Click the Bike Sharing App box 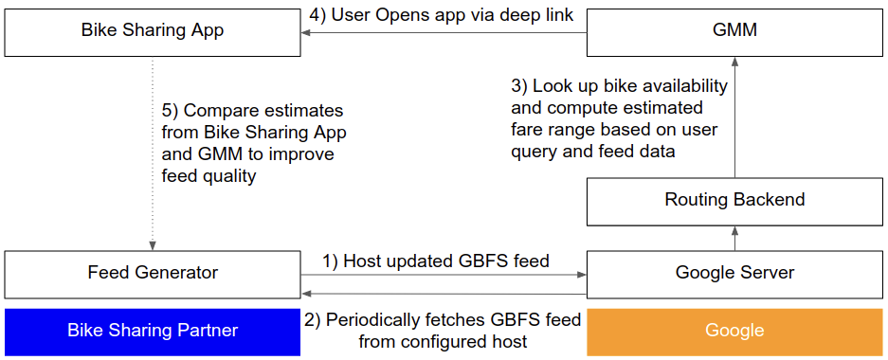[152, 31]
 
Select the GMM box [734, 31]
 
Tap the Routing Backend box [734, 200]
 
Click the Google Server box [734, 273]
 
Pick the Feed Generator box [152, 273]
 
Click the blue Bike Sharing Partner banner [152, 331]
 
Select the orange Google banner [734, 331]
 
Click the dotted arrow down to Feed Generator [153, 152]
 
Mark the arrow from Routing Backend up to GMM [734, 114]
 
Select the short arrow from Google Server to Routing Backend [734, 237]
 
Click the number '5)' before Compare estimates [171, 112]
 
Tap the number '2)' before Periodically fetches [314, 320]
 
